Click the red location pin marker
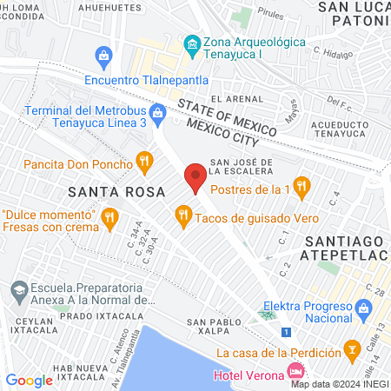click(195, 177)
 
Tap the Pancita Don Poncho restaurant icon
click(144, 162)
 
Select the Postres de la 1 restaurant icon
click(302, 184)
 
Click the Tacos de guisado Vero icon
click(182, 214)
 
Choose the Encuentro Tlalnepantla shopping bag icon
click(104, 58)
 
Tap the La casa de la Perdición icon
click(353, 351)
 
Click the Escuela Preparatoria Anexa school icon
click(17, 288)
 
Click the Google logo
click(29, 380)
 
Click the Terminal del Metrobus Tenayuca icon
click(157, 111)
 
